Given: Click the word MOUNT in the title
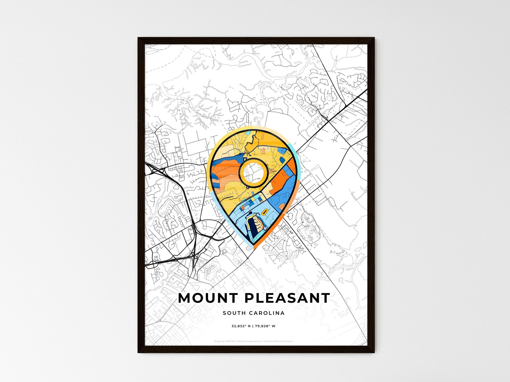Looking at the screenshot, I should click(208, 298).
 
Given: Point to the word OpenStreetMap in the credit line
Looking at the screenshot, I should click(271, 341).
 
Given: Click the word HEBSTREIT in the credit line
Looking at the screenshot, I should click(230, 341).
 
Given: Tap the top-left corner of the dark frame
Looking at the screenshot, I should click(139, 38).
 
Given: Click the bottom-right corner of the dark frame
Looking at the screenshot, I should click(373, 352).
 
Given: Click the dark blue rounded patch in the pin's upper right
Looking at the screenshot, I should click(282, 159).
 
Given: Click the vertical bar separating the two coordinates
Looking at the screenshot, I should click(253, 326).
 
